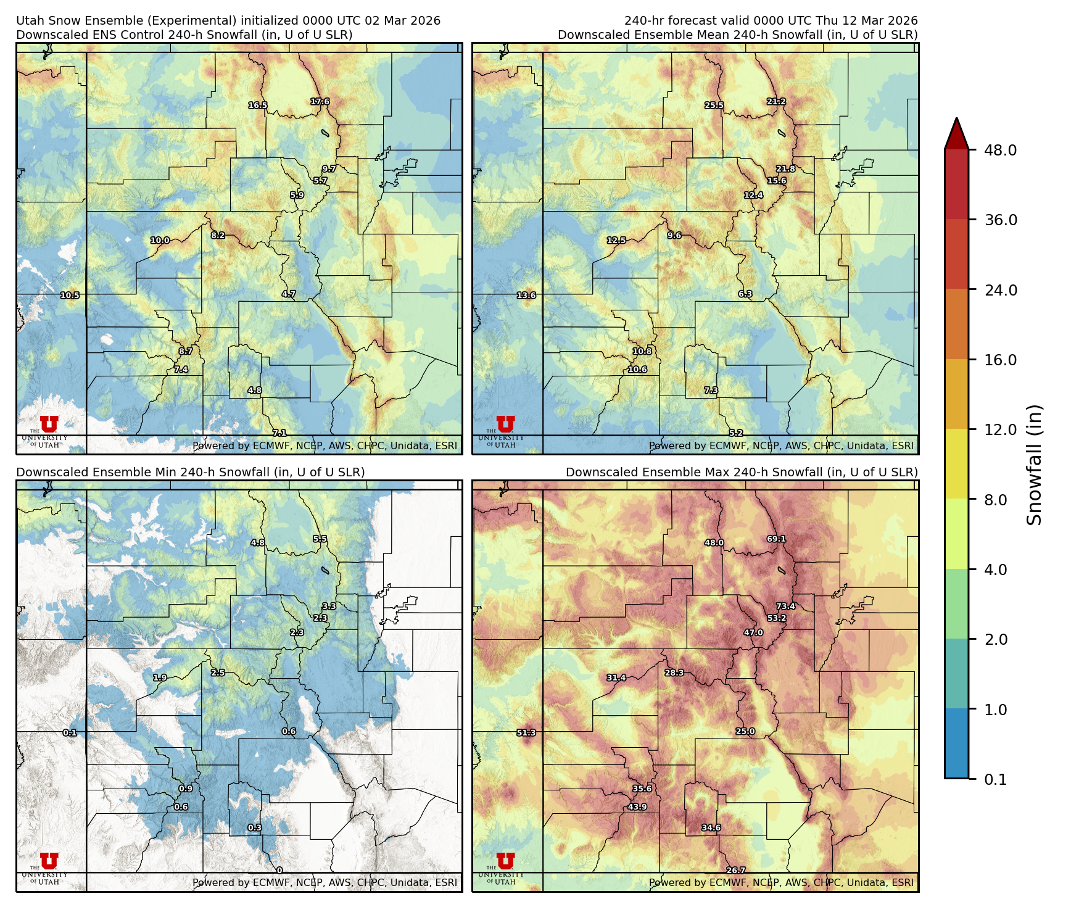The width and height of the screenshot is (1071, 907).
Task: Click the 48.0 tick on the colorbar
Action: pos(1000,150)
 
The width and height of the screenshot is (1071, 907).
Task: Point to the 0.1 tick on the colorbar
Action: pos(995,779)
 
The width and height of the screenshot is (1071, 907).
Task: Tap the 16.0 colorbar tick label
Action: pos(1000,360)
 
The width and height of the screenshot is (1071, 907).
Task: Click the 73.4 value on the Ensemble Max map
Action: pos(785,606)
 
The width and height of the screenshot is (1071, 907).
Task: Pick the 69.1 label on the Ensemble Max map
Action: pos(776,539)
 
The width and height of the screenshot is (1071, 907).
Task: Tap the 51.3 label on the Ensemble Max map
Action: pos(526,732)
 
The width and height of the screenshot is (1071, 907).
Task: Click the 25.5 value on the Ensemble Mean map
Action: pos(714,105)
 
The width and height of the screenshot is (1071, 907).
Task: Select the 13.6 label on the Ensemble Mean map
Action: pos(526,295)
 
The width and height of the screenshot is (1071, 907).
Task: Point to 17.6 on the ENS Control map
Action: pos(320,101)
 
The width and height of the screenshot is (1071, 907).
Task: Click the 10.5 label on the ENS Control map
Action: pos(70,295)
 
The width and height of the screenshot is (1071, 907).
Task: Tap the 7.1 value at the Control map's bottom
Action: pos(279,433)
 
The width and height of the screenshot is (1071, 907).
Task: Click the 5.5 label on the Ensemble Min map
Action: pos(320,539)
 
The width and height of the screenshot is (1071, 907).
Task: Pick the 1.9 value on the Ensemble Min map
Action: pos(160,677)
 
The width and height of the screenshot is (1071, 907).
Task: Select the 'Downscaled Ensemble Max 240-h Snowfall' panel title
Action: pos(742,472)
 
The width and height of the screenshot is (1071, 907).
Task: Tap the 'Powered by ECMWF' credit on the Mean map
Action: pos(780,445)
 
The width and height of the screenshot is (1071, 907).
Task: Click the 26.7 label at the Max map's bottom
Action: pos(735,870)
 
